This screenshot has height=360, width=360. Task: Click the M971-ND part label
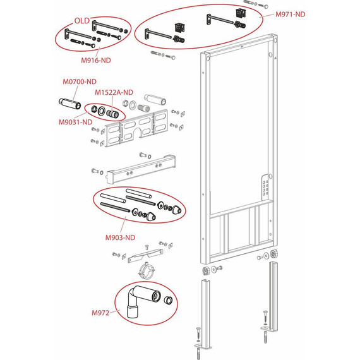tap(290, 15)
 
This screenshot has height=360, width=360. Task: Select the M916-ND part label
tap(96, 61)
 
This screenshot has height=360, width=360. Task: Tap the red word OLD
tap(82, 21)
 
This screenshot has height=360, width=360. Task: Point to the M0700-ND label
tap(80, 81)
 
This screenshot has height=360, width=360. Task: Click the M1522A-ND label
tap(114, 92)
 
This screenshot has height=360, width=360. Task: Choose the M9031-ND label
tap(76, 122)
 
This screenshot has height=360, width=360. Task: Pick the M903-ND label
tap(120, 237)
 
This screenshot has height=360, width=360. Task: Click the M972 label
tap(100, 313)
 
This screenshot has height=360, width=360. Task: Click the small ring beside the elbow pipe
tap(168, 300)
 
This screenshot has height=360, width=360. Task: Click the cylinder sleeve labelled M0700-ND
tap(70, 104)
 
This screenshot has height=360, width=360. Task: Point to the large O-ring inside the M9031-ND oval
tap(102, 111)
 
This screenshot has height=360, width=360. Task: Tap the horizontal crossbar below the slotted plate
tap(141, 169)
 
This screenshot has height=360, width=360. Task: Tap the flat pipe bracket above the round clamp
tap(145, 255)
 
